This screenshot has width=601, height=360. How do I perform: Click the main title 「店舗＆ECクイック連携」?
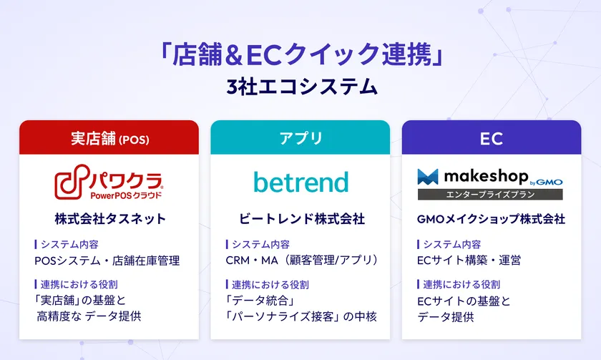tap(300, 55)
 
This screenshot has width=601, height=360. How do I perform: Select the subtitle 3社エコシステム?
tap(300, 87)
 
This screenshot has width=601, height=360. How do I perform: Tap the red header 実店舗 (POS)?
tap(109, 137)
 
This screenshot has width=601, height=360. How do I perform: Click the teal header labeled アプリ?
tap(300, 137)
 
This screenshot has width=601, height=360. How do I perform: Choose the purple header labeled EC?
tap(491, 137)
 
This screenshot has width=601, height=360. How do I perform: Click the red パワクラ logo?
tap(109, 183)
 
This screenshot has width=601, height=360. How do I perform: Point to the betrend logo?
tap(300, 182)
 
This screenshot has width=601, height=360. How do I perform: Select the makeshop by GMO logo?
tap(491, 176)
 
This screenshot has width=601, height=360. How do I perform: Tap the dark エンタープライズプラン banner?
tap(491, 194)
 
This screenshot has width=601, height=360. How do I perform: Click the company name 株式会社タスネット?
tap(109, 219)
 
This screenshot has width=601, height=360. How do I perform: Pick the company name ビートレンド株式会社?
tap(301, 219)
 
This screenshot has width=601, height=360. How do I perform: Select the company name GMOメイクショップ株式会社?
tap(491, 219)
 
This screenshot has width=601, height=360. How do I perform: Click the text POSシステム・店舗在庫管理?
tap(107, 261)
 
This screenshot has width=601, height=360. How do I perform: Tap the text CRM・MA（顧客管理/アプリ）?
tap(301, 261)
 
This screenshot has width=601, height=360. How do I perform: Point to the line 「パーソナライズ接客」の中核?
tap(301, 316)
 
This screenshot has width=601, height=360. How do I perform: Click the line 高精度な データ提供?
tap(89, 316)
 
